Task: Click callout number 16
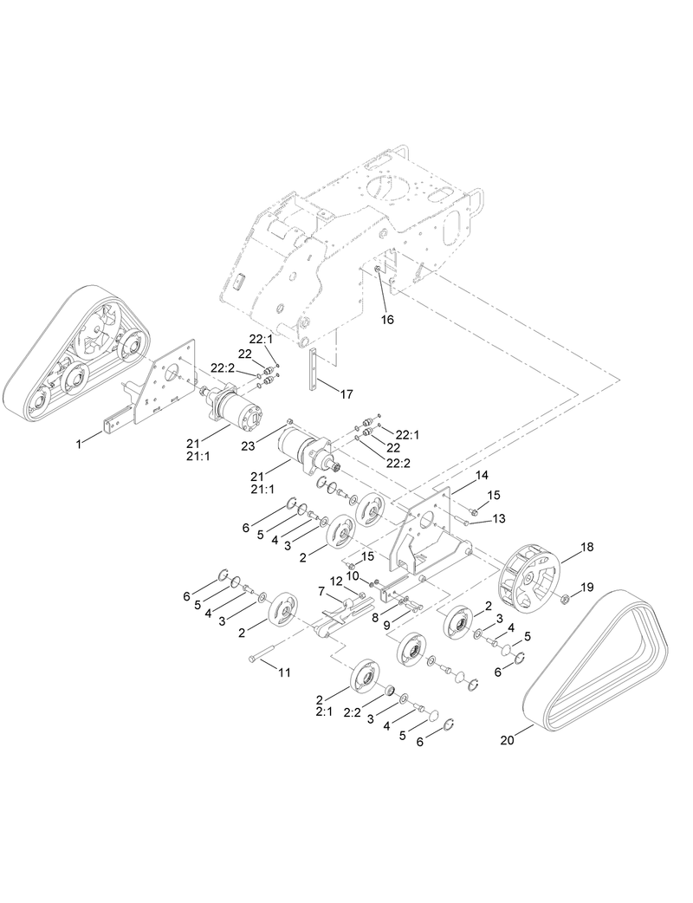click(x=387, y=319)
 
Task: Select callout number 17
click(x=346, y=394)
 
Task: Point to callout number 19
click(x=588, y=588)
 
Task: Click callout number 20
click(x=508, y=739)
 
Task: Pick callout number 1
click(x=78, y=443)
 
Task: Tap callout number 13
click(x=498, y=518)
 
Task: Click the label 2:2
click(x=352, y=712)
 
